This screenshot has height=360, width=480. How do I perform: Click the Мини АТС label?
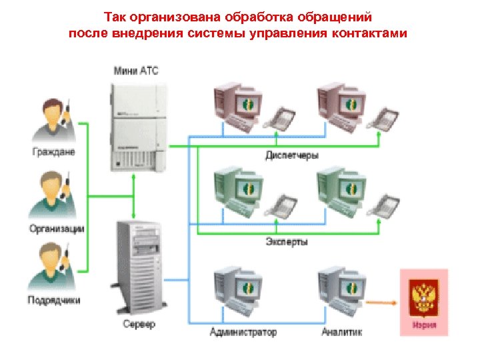[x=136, y=70]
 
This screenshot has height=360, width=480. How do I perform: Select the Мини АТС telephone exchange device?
[x=137, y=127]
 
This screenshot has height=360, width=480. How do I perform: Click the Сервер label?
[x=139, y=325]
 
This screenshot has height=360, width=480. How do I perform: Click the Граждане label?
[x=54, y=152]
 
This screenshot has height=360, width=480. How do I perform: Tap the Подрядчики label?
[x=54, y=300]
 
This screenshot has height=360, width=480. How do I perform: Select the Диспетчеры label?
[x=292, y=155]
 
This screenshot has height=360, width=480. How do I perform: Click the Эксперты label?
[x=287, y=242]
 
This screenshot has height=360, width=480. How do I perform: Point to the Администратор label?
[x=243, y=331]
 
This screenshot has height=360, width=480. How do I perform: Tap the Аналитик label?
[x=341, y=331]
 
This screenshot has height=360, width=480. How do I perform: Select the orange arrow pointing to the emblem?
[x=381, y=304]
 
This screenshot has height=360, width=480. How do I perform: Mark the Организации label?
[x=57, y=229]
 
